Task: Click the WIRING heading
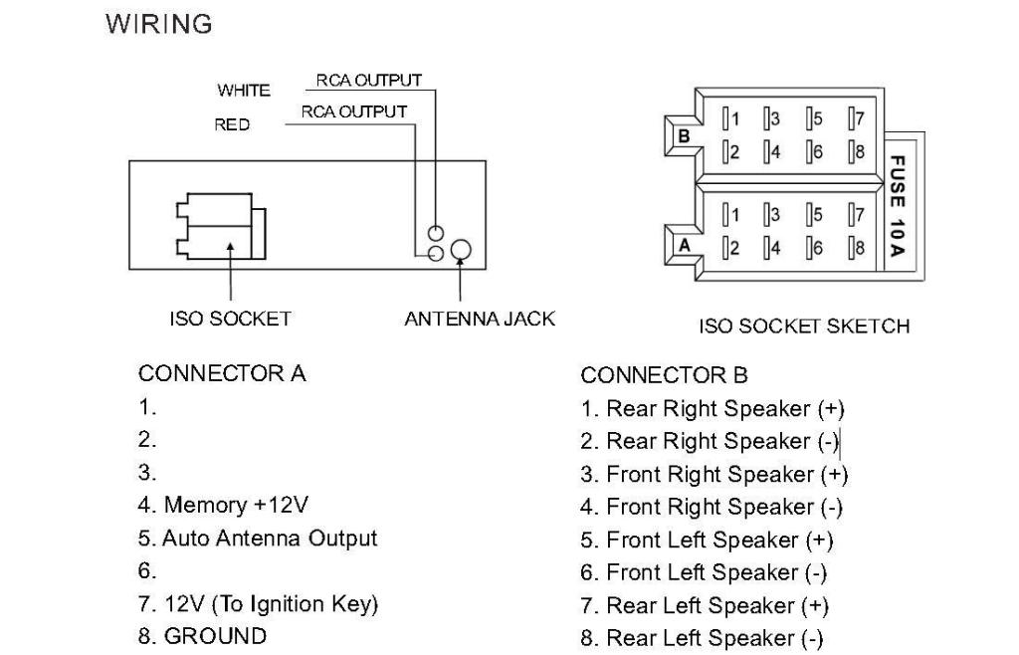pos(159,25)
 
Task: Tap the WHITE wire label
pos(244,91)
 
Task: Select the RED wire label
pos(232,125)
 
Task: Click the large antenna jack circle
pos(461,250)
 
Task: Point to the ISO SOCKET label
pos(230,320)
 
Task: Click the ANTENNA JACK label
pos(480,320)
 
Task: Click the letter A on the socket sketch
pos(684,242)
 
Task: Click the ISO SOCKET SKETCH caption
pos(804,326)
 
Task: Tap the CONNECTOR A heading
pos(222,374)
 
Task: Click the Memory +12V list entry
pos(231,504)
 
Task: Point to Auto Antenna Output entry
pos(258,539)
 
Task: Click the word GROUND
pos(215,636)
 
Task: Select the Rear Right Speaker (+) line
pos(713,408)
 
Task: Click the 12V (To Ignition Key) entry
pos(259,604)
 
